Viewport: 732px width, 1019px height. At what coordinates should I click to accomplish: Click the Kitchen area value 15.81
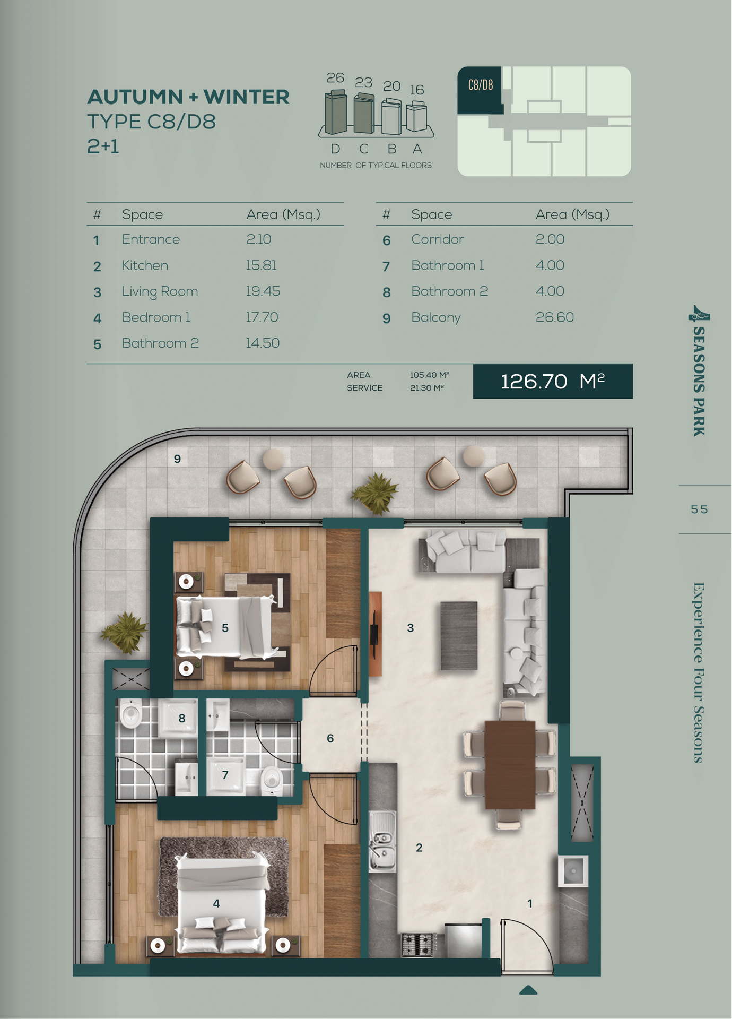[261, 265]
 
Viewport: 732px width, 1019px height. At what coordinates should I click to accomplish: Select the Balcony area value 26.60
[554, 317]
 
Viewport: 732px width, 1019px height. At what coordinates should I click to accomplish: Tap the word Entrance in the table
[151, 239]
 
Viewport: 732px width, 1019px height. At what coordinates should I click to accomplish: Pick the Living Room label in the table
[160, 292]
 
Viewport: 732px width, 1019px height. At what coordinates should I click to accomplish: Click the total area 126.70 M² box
[553, 381]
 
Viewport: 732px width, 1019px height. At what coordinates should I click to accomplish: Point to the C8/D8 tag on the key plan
[480, 85]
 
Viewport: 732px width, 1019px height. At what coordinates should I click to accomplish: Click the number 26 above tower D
[335, 78]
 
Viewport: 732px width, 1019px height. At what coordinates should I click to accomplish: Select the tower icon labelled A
[416, 117]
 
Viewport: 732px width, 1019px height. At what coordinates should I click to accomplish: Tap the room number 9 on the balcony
[177, 459]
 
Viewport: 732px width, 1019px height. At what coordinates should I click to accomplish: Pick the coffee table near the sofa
[459, 635]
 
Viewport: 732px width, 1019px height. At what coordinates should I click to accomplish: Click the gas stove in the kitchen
[419, 945]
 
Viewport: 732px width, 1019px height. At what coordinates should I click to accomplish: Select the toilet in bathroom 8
[130, 714]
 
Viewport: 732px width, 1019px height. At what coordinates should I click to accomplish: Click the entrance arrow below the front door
[528, 990]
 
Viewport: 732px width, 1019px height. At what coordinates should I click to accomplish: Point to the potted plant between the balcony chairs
[376, 493]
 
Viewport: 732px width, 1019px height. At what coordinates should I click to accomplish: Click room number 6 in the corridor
[330, 738]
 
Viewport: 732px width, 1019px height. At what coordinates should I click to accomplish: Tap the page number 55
[699, 509]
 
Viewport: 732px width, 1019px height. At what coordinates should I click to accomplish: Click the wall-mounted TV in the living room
[374, 634]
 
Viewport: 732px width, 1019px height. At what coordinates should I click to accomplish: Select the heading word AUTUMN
[135, 97]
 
